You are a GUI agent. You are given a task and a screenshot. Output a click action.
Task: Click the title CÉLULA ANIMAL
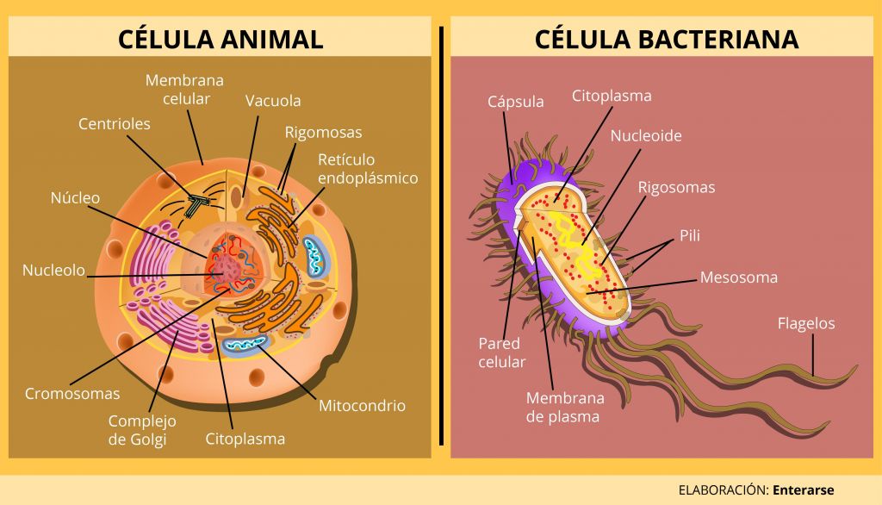(220, 38)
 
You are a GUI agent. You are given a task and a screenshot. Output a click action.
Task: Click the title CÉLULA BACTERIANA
(666, 38)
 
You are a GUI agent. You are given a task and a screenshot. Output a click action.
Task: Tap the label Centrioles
(115, 124)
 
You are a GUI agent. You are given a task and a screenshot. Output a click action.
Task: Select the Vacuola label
(273, 101)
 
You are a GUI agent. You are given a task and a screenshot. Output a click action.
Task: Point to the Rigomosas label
(324, 133)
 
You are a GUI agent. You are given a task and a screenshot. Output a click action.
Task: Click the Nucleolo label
(53, 271)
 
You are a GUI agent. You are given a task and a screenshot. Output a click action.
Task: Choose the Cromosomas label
(72, 394)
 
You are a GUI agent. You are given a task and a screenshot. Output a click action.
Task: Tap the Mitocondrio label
(363, 405)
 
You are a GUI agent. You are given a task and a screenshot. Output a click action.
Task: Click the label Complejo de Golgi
(142, 430)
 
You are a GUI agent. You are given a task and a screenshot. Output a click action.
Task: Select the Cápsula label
(516, 102)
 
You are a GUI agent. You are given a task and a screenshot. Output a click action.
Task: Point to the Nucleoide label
(646, 135)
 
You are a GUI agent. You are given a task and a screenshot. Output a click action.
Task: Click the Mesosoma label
(738, 277)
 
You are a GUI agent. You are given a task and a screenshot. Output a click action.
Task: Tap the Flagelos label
(806, 324)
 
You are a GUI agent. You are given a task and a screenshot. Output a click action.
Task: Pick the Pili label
(690, 235)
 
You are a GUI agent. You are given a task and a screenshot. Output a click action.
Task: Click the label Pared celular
(502, 352)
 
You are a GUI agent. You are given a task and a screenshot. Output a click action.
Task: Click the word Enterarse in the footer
(804, 489)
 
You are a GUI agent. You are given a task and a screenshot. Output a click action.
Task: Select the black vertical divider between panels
(441, 235)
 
